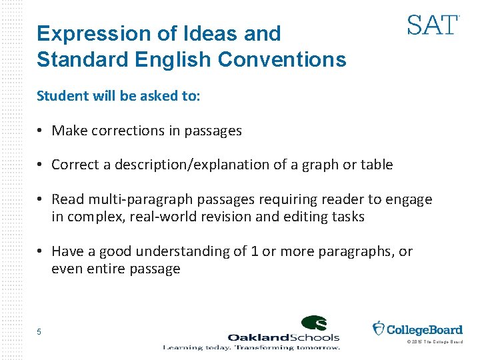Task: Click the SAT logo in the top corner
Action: click(433, 25)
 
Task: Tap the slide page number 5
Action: click(39, 332)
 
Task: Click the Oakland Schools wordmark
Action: click(283, 337)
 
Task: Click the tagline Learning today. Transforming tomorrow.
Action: click(252, 347)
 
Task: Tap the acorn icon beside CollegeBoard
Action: click(378, 329)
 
